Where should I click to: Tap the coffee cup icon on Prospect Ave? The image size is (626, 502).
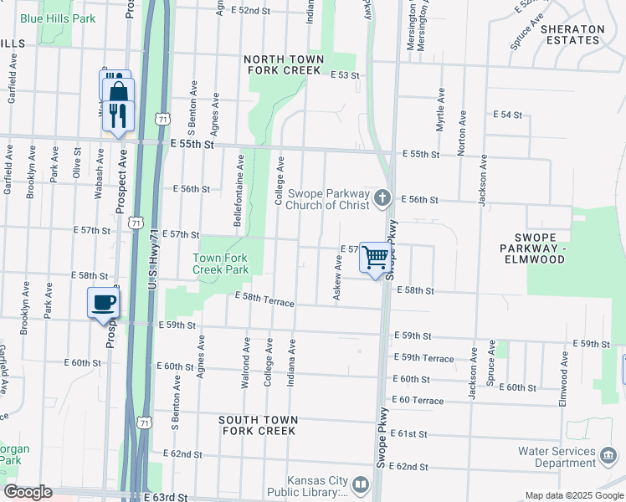pyautogui.click(x=104, y=302)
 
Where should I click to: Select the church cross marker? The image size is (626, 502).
pyautogui.click(x=382, y=198)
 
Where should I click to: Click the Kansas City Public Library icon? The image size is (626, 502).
pyautogui.click(x=361, y=484)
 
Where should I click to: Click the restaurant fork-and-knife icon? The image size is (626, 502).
pyautogui.click(x=118, y=115)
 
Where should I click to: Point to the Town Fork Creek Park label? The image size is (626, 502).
pyautogui.click(x=220, y=264)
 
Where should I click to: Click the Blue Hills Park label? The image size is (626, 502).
pyautogui.click(x=58, y=18)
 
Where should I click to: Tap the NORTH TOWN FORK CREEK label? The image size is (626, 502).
pyautogui.click(x=284, y=65)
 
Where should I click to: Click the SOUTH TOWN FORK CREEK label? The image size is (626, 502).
pyautogui.click(x=257, y=425)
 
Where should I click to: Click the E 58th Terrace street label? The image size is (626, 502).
pyautogui.click(x=264, y=299)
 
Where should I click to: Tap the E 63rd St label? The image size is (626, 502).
pyautogui.click(x=171, y=497)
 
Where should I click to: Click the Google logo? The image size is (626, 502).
pyautogui.click(x=28, y=492)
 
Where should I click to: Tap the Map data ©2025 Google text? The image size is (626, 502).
pyautogui.click(x=574, y=495)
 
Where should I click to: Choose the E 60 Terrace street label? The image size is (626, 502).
pyautogui.click(x=417, y=401)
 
